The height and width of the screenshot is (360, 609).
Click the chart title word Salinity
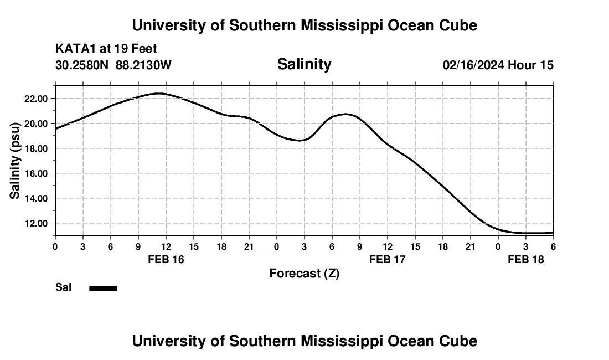click(x=304, y=64)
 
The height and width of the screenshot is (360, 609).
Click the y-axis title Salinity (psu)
click(x=15, y=161)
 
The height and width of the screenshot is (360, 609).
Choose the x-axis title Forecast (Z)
click(x=304, y=273)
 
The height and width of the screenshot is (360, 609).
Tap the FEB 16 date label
click(x=166, y=259)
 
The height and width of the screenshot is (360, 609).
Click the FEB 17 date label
click(x=388, y=259)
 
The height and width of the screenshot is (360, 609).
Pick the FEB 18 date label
click(x=526, y=259)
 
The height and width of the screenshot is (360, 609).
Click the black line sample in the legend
click(x=104, y=288)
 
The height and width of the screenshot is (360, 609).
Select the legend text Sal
click(x=63, y=287)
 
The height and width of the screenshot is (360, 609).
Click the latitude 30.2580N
click(x=82, y=65)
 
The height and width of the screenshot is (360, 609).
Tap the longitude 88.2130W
click(x=143, y=65)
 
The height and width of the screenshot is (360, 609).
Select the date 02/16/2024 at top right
click(x=473, y=65)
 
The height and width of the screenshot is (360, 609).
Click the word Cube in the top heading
click(x=458, y=25)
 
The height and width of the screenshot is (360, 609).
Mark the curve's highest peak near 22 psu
click(x=159, y=94)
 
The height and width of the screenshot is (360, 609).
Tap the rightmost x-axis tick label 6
click(x=553, y=246)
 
